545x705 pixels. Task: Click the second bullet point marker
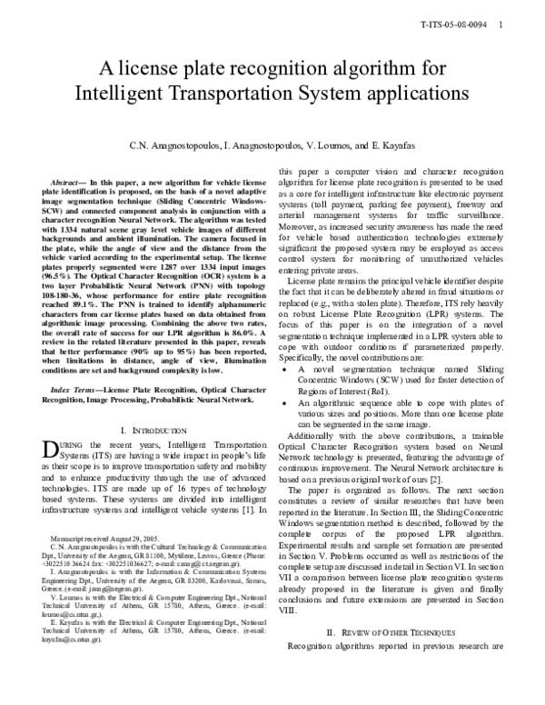[287, 401]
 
